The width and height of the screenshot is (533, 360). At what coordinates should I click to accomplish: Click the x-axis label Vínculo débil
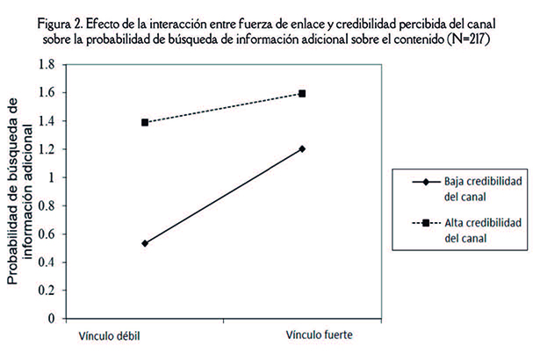(x=108, y=336)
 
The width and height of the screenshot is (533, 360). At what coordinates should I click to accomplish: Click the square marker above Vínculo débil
(x=144, y=122)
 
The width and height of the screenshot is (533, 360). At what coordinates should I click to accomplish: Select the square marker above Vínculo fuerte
(x=303, y=93)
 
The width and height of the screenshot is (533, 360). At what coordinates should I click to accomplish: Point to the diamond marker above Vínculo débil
(x=144, y=243)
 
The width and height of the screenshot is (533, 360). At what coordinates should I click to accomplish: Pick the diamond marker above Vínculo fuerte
(x=303, y=149)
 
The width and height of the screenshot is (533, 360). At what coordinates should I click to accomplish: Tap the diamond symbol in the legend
(x=426, y=182)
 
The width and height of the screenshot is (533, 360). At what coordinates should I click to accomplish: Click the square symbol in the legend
(x=426, y=223)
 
